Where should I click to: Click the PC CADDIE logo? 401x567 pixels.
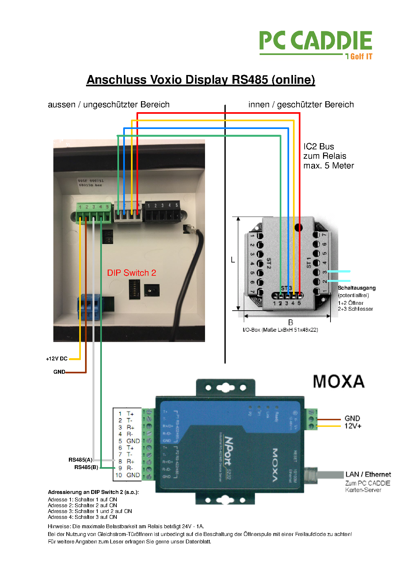(x=316, y=45)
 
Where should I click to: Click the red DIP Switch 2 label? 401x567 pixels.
(x=131, y=273)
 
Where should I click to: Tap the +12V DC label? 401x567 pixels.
(x=57, y=358)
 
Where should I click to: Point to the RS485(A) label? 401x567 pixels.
(x=80, y=460)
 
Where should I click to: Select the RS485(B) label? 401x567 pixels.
(x=86, y=467)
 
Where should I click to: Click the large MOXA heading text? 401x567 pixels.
(x=339, y=382)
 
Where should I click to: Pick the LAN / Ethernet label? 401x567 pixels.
(x=368, y=474)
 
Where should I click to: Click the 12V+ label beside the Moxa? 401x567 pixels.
(x=353, y=426)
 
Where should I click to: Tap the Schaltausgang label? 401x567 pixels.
(x=357, y=288)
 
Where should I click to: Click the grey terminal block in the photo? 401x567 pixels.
(x=128, y=212)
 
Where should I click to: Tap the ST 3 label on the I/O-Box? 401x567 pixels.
(x=287, y=288)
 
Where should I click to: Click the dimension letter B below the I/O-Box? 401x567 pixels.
(x=290, y=322)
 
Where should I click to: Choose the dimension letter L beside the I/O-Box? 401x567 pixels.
(x=233, y=260)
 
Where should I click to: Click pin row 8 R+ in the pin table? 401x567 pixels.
(x=126, y=461)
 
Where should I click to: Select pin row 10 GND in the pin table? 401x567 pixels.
(x=127, y=475)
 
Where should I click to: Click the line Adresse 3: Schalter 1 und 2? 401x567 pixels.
(x=90, y=511)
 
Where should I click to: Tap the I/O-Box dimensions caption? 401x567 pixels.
(x=280, y=330)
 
